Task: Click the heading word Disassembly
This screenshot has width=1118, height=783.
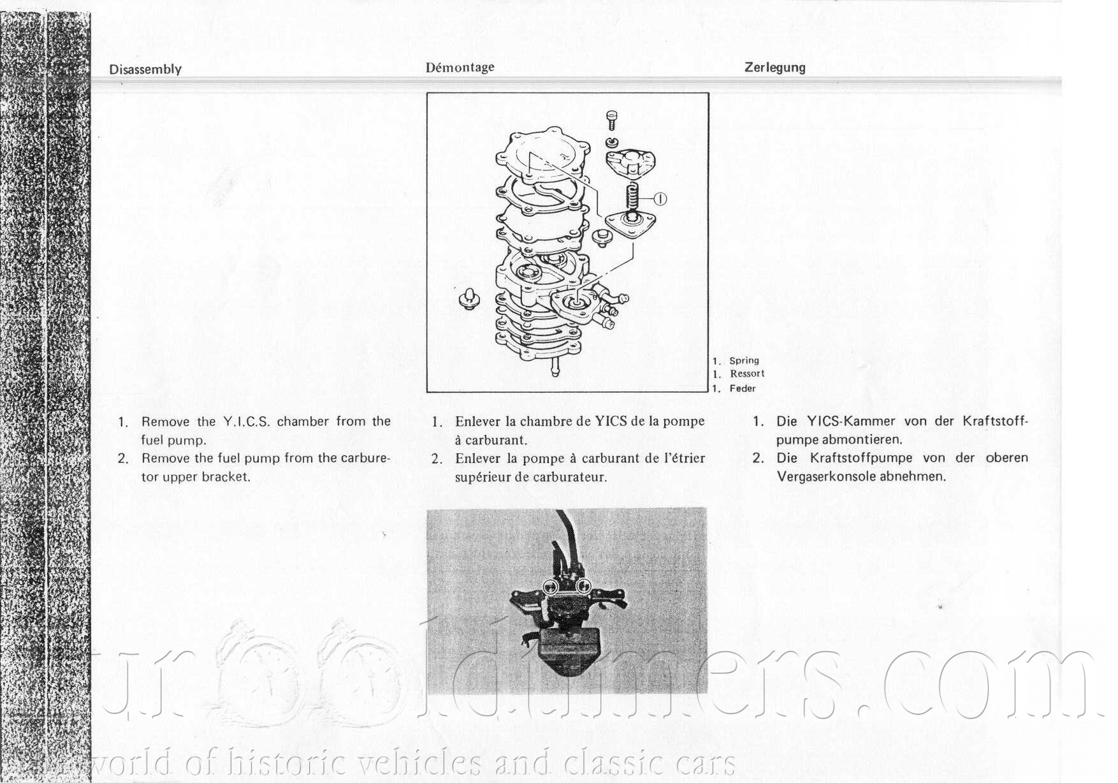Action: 145,70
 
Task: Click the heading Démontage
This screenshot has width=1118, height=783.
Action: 460,68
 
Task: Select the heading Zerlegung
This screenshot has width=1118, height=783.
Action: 774,68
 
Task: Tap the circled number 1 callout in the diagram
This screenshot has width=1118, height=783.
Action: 660,199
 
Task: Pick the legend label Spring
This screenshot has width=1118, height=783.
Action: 744,360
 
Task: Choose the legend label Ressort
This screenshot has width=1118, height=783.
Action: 747,374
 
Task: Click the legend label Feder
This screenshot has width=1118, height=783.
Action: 743,388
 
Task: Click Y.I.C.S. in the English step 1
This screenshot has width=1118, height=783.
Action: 247,421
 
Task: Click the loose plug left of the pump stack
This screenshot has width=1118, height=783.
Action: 469,299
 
